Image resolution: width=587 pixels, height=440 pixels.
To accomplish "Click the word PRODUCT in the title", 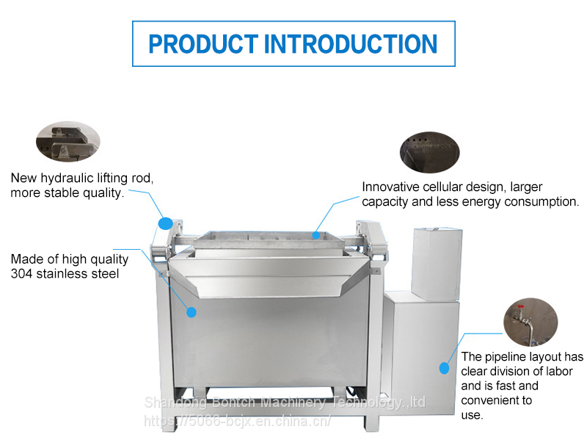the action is point(203,44).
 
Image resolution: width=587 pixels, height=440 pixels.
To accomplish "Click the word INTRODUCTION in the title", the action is point(351,44).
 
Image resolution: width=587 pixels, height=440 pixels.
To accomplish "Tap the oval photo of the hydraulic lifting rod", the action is point(68,141).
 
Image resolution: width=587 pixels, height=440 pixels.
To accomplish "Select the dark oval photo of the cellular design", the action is point(429,152).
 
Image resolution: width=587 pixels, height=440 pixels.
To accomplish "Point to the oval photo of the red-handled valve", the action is point(531,322).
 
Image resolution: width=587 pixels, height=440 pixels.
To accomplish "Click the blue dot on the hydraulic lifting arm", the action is point(166,223).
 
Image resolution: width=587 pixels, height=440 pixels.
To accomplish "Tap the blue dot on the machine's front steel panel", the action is point(192,312).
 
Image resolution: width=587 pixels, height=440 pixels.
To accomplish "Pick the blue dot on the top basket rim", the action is point(316,235).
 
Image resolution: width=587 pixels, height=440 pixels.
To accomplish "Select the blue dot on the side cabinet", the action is point(444,368).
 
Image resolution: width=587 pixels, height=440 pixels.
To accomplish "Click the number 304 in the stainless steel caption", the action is point(21,273).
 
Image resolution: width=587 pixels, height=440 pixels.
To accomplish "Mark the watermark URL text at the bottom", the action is point(237,421).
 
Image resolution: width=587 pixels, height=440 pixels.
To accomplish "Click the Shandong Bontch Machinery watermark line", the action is point(285,403).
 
